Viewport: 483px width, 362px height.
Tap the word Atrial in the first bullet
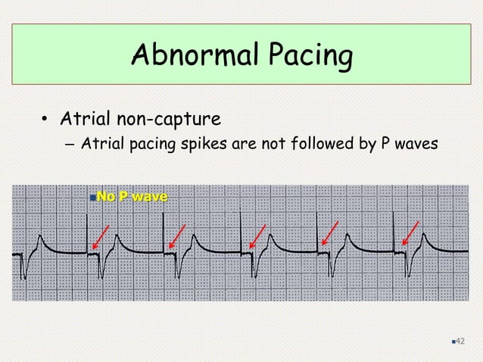pos(89,119)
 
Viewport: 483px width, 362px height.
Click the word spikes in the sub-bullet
pos(210,143)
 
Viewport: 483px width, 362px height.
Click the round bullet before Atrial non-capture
pos(45,120)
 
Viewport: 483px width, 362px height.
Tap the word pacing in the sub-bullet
pos(159,144)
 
